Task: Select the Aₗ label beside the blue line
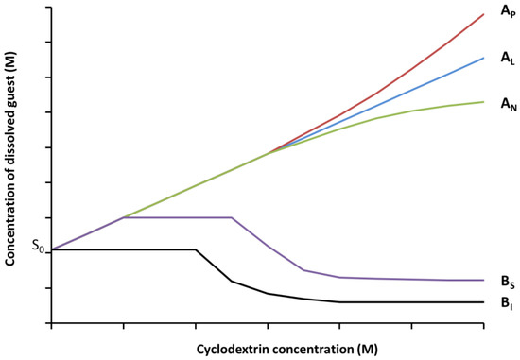507,58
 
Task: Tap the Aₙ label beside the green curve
507,103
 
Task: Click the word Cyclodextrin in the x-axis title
233,350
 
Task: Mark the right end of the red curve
484,14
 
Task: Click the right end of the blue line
484,58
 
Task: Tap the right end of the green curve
484,102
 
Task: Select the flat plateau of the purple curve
178,217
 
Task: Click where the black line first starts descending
196,249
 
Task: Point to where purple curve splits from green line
124,217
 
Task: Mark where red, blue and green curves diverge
269,153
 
